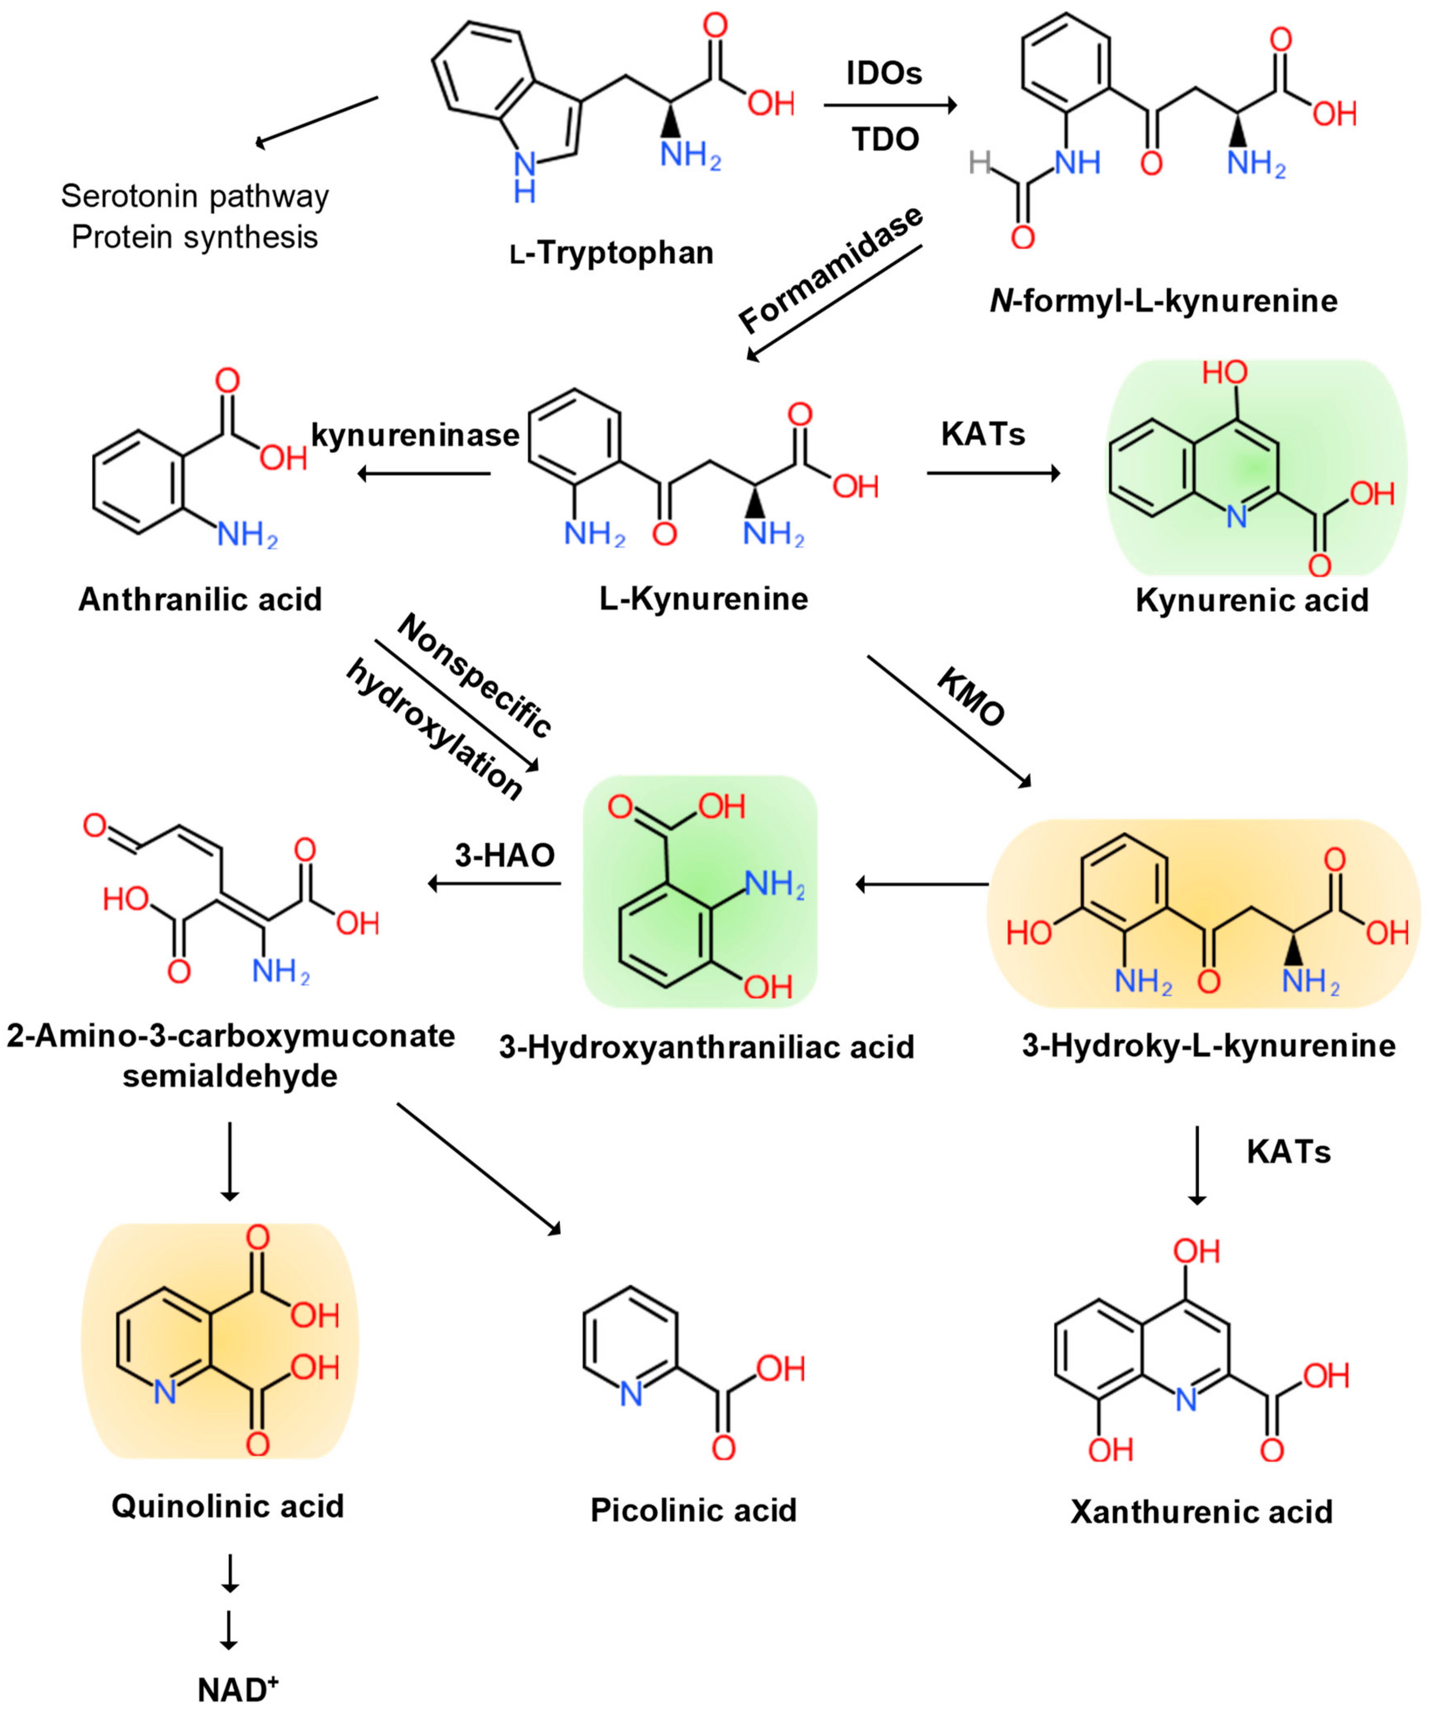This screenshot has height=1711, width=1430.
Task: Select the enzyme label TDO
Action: tap(886, 139)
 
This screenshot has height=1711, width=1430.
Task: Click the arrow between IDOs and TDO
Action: tap(890, 105)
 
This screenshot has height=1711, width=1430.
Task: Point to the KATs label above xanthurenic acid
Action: tap(1288, 1152)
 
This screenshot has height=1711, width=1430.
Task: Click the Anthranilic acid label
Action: tap(200, 600)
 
